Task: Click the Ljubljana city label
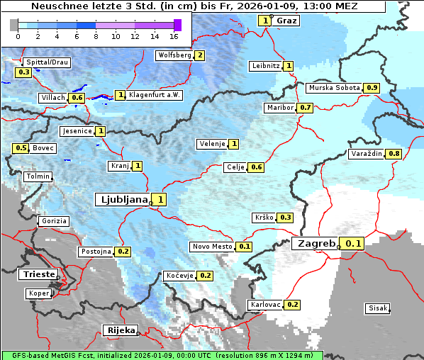point(122,200)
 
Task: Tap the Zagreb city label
point(316,244)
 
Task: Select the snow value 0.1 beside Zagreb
point(353,244)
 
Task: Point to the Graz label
point(286,21)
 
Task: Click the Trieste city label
point(36,274)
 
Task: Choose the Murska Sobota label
point(333,88)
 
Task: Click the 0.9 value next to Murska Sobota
point(372,88)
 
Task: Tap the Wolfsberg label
point(174,55)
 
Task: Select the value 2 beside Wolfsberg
point(200,55)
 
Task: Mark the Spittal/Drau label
point(48,62)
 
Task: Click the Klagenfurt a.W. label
point(155,95)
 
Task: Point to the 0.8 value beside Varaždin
point(394,154)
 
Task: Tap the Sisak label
point(376,308)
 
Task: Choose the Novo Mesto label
point(212,247)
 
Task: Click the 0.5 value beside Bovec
point(21,148)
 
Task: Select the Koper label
point(38,293)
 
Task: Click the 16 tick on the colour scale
point(174,36)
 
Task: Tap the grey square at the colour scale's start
point(14,25)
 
